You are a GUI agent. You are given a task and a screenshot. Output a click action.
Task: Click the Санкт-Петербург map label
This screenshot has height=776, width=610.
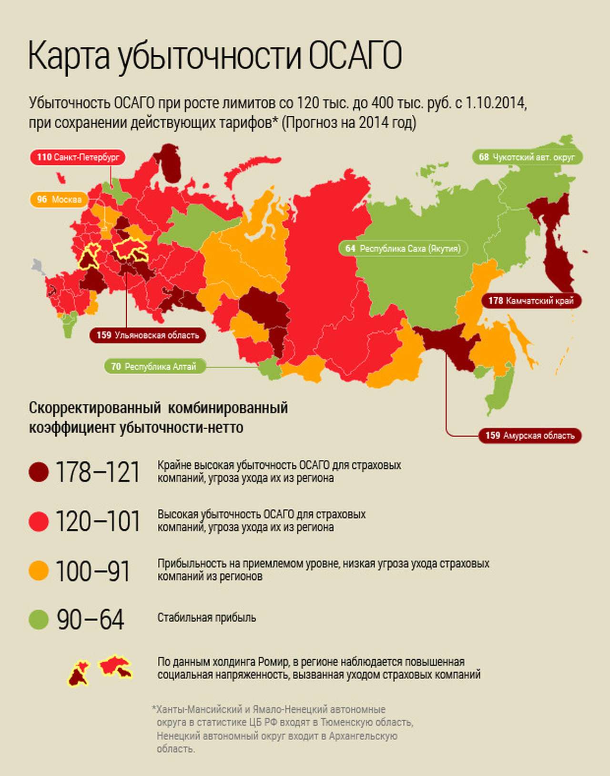tap(77, 157)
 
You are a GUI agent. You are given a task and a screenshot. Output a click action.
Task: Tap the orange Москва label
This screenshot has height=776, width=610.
tap(59, 199)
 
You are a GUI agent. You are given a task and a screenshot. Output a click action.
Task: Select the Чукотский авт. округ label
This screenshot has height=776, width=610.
tap(527, 157)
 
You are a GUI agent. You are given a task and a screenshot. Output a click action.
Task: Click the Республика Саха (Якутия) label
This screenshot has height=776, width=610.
tap(403, 249)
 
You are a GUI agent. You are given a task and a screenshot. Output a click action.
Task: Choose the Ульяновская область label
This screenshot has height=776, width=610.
tap(148, 335)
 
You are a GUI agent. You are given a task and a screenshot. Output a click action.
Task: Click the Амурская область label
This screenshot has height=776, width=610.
tap(530, 435)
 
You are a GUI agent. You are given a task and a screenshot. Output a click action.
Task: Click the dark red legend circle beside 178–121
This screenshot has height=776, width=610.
tap(39, 472)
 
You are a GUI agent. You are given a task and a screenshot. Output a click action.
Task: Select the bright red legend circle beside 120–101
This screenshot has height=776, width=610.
tap(39, 522)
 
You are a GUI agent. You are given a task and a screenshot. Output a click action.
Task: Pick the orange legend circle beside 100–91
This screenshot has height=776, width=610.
tap(39, 571)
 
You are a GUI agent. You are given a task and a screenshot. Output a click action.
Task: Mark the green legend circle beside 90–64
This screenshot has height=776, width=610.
tap(39, 620)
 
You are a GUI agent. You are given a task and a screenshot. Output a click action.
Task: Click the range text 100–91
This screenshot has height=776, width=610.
tap(92, 571)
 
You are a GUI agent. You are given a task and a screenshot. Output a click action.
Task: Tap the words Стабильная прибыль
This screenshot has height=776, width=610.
tap(206, 618)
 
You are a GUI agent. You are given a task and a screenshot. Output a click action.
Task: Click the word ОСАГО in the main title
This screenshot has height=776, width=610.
tap(355, 56)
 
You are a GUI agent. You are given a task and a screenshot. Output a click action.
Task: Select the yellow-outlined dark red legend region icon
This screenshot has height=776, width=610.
tap(78, 674)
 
